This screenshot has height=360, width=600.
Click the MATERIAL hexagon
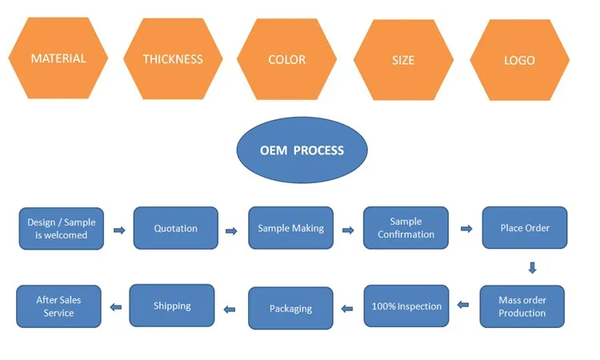tap(58, 58)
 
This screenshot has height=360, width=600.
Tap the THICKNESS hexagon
tap(173, 59)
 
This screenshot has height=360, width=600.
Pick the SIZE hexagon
tap(404, 60)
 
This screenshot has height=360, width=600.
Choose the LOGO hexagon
tap(519, 60)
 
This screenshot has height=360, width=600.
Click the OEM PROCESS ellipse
tap(302, 150)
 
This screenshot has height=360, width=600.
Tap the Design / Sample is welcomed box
tap(62, 229)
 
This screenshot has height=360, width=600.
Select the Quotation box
tap(176, 229)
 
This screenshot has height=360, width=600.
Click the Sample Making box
tap(290, 229)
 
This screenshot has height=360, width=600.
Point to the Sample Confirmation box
tap(406, 229)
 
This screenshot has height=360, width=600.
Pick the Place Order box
tap(525, 229)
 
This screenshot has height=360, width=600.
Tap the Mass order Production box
tap(522, 306)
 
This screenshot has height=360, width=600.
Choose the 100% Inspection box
tap(406, 306)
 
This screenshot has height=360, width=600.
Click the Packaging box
tap(290, 309)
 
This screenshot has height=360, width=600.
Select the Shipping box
tap(172, 306)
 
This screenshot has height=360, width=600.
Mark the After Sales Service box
tap(58, 306)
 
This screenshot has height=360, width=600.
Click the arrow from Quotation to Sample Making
tap(232, 231)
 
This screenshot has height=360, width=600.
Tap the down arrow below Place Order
tap(532, 268)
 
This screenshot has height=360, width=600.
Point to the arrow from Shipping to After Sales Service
tap(116, 306)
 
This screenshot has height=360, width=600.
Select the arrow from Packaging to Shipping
tap(230, 308)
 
